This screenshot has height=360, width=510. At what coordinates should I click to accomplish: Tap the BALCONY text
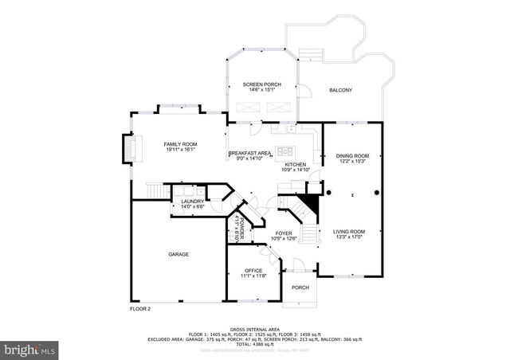(x=341, y=90)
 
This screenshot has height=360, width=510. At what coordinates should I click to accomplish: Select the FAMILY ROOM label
(x=181, y=143)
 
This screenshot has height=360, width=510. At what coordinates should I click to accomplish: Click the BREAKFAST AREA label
(x=250, y=153)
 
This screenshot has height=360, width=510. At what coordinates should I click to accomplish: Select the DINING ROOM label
(x=351, y=156)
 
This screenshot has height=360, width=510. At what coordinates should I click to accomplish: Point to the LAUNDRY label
(x=192, y=202)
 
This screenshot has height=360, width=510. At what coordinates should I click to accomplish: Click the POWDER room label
(x=237, y=227)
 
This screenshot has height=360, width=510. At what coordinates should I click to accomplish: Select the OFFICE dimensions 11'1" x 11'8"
(x=253, y=276)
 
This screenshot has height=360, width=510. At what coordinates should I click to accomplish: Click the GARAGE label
(x=178, y=254)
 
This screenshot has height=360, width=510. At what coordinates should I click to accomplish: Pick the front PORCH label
(x=300, y=288)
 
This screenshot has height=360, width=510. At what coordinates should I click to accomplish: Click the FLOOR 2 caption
(x=140, y=308)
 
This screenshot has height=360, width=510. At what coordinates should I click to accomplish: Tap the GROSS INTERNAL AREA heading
(x=254, y=328)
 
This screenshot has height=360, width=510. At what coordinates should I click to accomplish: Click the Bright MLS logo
(x=29, y=349)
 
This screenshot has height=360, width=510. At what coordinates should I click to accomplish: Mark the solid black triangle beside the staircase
(x=313, y=205)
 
